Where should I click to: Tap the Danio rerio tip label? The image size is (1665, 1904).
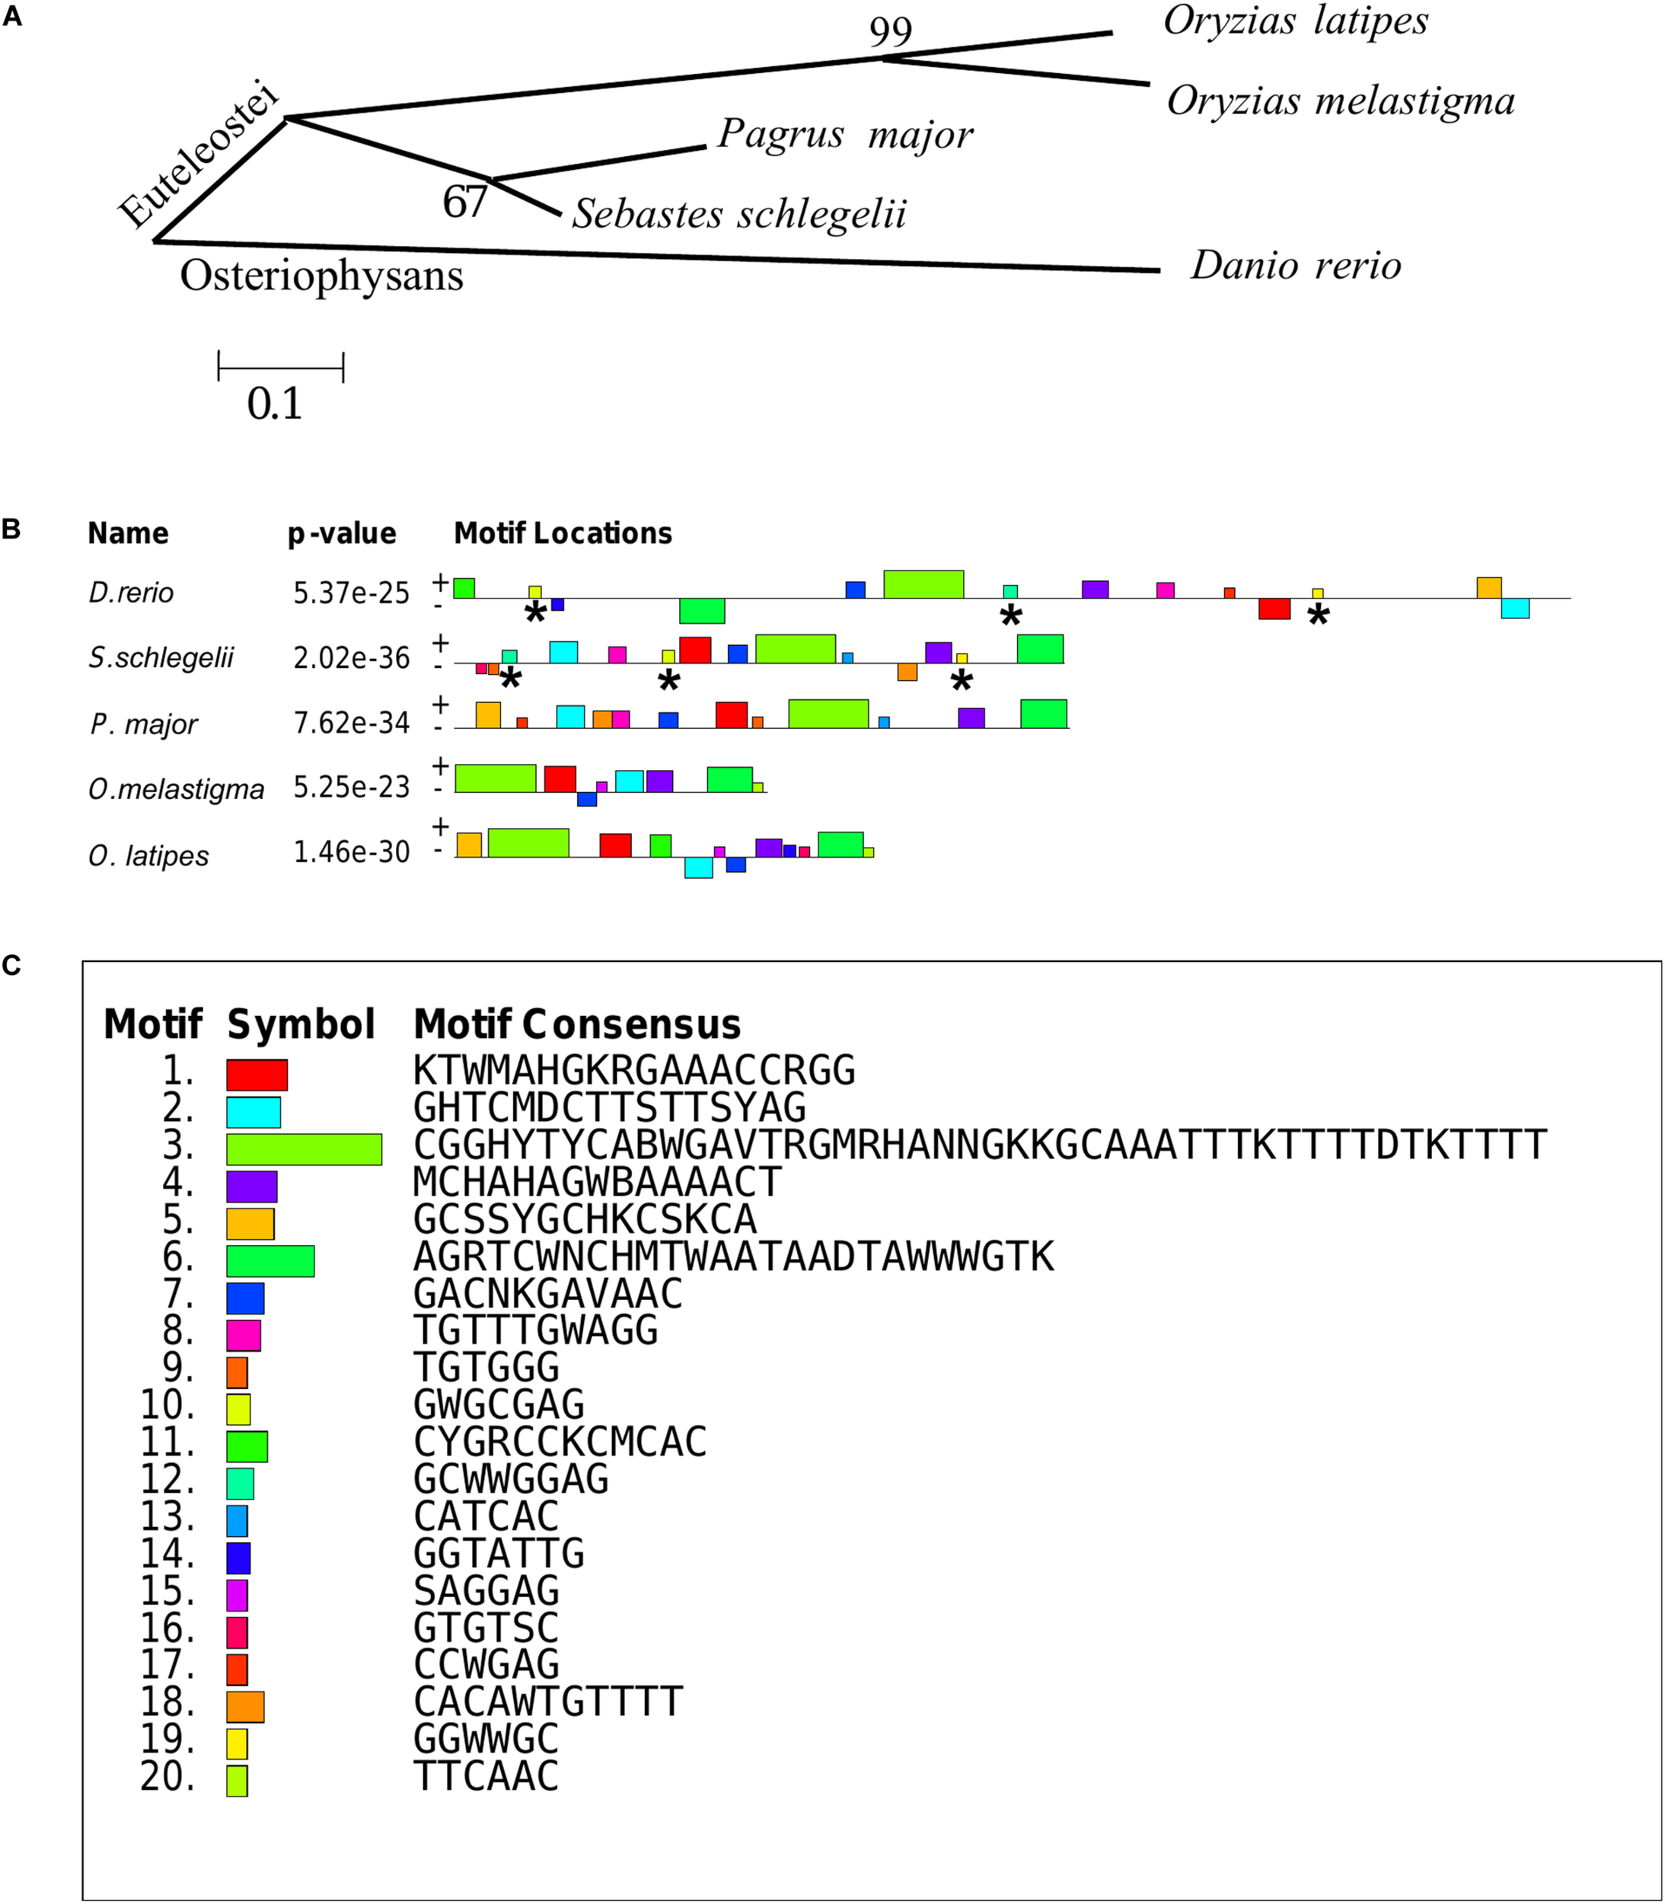click(x=1295, y=266)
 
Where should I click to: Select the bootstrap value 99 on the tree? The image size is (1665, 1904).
click(x=890, y=33)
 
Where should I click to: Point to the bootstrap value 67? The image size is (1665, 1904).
click(x=464, y=202)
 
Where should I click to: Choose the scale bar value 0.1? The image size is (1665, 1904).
click(x=275, y=404)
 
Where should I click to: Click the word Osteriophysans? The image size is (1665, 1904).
click(x=321, y=276)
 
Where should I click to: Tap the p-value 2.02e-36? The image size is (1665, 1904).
click(x=351, y=658)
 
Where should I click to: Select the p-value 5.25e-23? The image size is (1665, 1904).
click(x=351, y=787)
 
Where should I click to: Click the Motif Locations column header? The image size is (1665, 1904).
click(x=562, y=533)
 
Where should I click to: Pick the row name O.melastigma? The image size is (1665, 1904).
click(x=177, y=789)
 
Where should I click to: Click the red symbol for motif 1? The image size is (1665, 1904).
click(x=257, y=1075)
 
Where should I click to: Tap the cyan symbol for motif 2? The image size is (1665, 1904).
click(x=253, y=1112)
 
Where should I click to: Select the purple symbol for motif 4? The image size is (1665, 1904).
click(x=251, y=1187)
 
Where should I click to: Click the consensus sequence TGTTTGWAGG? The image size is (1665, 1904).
click(x=535, y=1331)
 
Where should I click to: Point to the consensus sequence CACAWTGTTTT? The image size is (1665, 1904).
click(x=547, y=1702)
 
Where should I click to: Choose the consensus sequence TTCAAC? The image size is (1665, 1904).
click(x=486, y=1777)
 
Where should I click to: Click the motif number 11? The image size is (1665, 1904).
click(x=167, y=1442)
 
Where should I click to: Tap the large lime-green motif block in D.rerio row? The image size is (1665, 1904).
click(x=923, y=584)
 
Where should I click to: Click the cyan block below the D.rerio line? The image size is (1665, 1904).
click(x=1514, y=609)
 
